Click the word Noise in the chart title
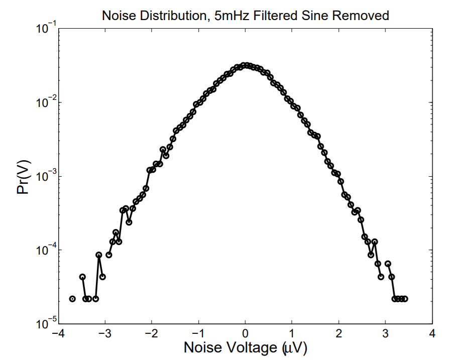[x=117, y=16]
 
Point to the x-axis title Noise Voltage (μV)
[x=245, y=347]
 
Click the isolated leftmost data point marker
[x=72, y=299]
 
